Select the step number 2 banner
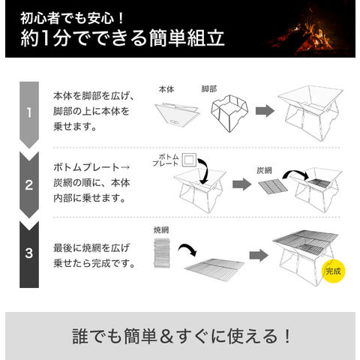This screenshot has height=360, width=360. pos(29,184)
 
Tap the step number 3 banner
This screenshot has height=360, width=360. pos(29,253)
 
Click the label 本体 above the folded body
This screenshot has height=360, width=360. pos(166,89)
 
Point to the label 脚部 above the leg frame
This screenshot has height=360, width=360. pos(209,88)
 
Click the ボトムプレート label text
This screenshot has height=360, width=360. pos(166,160)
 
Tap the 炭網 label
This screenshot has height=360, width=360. pos(264,170)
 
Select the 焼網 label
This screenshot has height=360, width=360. pos(161,229)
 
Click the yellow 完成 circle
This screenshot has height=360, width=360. pos(333,271)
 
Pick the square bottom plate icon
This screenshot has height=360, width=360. pos(189,160)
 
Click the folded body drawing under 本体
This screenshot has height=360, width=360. pos(178,115)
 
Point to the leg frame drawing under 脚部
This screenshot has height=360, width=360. pos(229,113)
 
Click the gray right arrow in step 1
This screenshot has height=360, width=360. pos(265,111)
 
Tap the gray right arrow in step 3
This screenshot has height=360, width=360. pos(259,255)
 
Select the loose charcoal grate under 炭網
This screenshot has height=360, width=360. pos(273,187)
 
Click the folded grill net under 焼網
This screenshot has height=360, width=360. pos(162,253)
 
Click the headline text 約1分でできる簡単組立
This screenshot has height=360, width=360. pos(122,38)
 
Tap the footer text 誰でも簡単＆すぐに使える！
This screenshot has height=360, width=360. pos(181,336)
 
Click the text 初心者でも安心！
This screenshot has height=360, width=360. pos(73,18)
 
